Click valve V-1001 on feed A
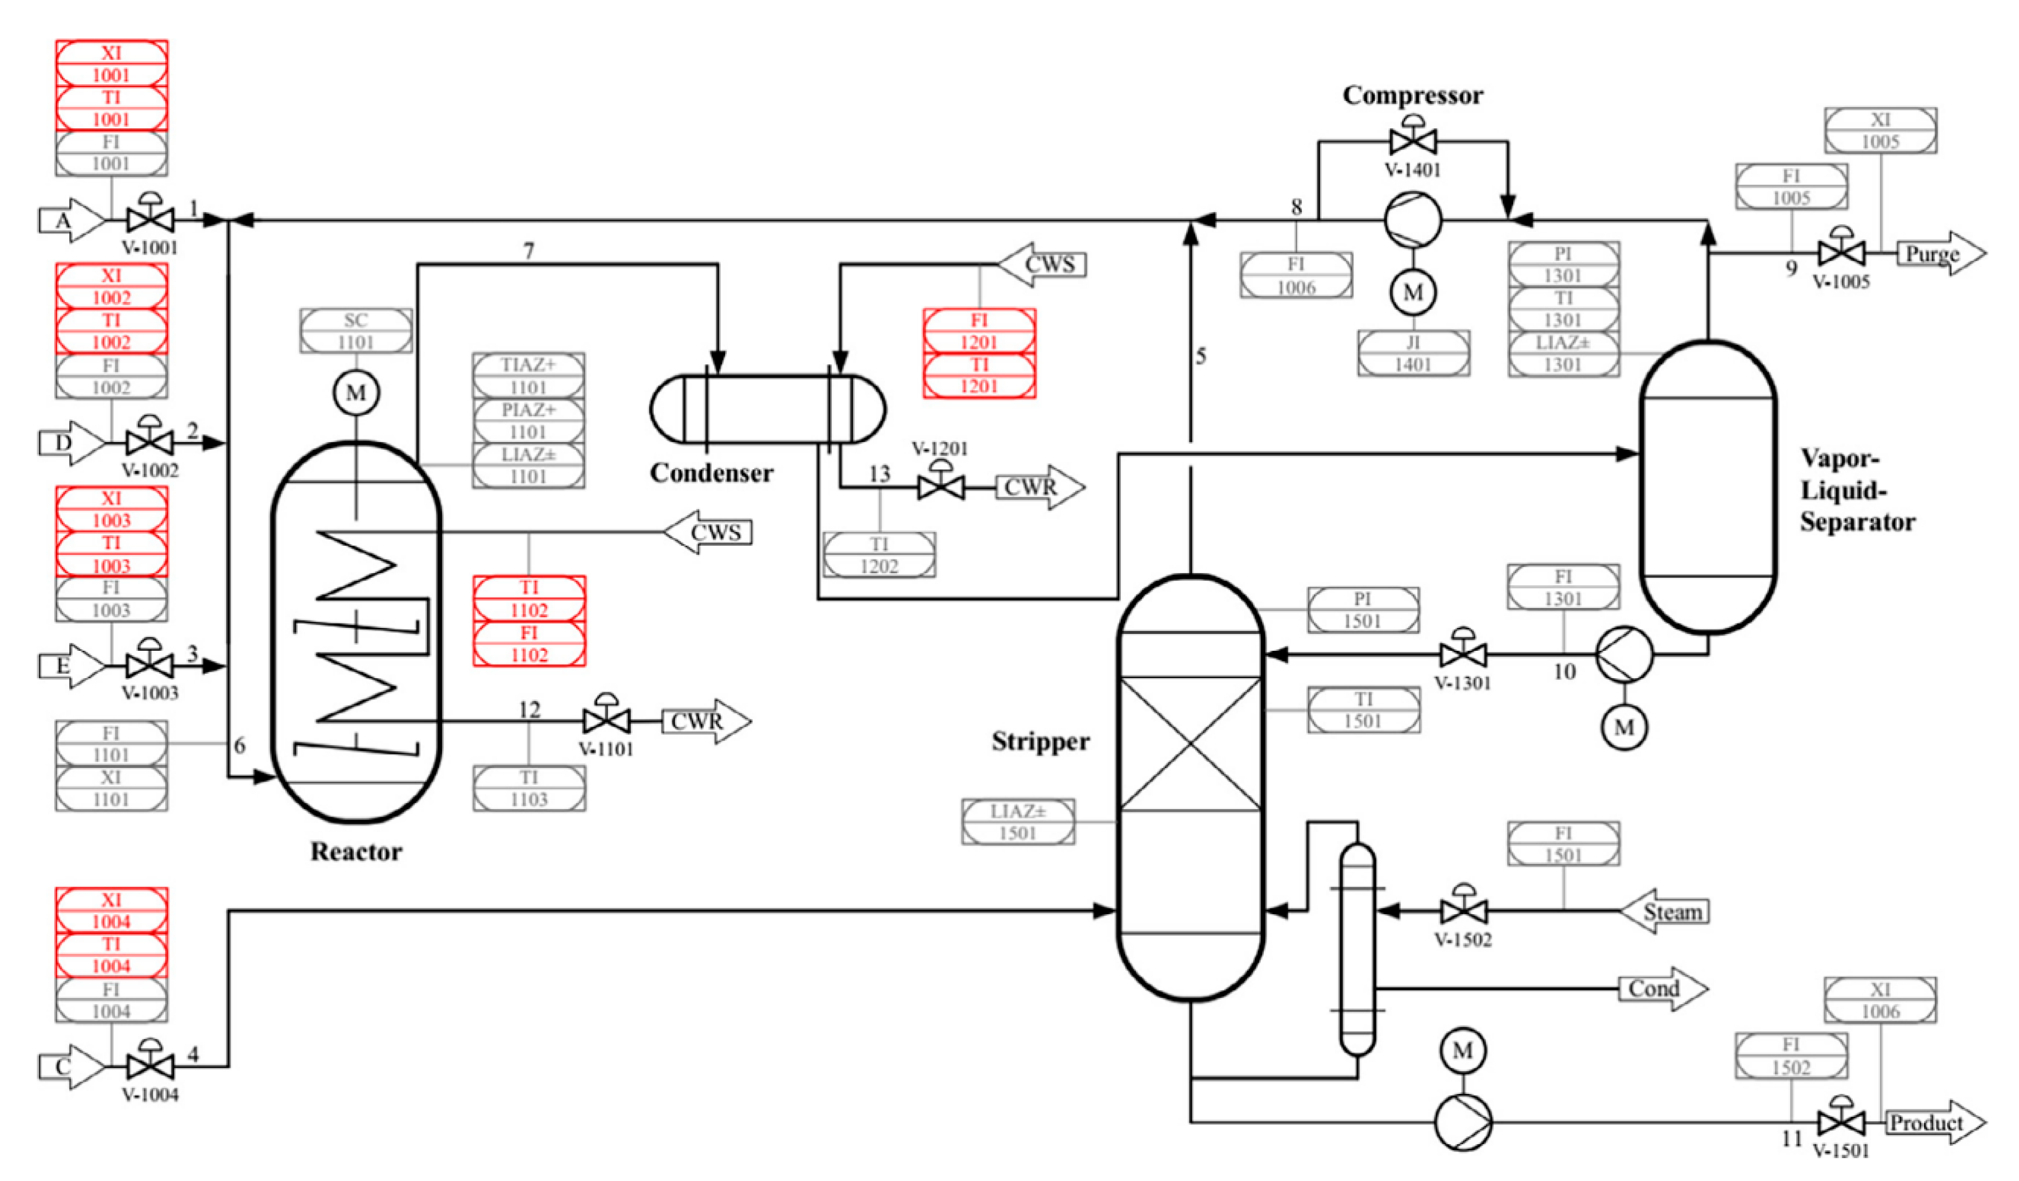pyautogui.click(x=150, y=219)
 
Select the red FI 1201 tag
pyautogui.click(x=979, y=331)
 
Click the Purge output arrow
pyautogui.click(x=1939, y=254)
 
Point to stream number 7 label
pyautogui.click(x=529, y=251)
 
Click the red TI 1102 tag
pyautogui.click(x=529, y=598)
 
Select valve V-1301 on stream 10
pyautogui.click(x=1463, y=655)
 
